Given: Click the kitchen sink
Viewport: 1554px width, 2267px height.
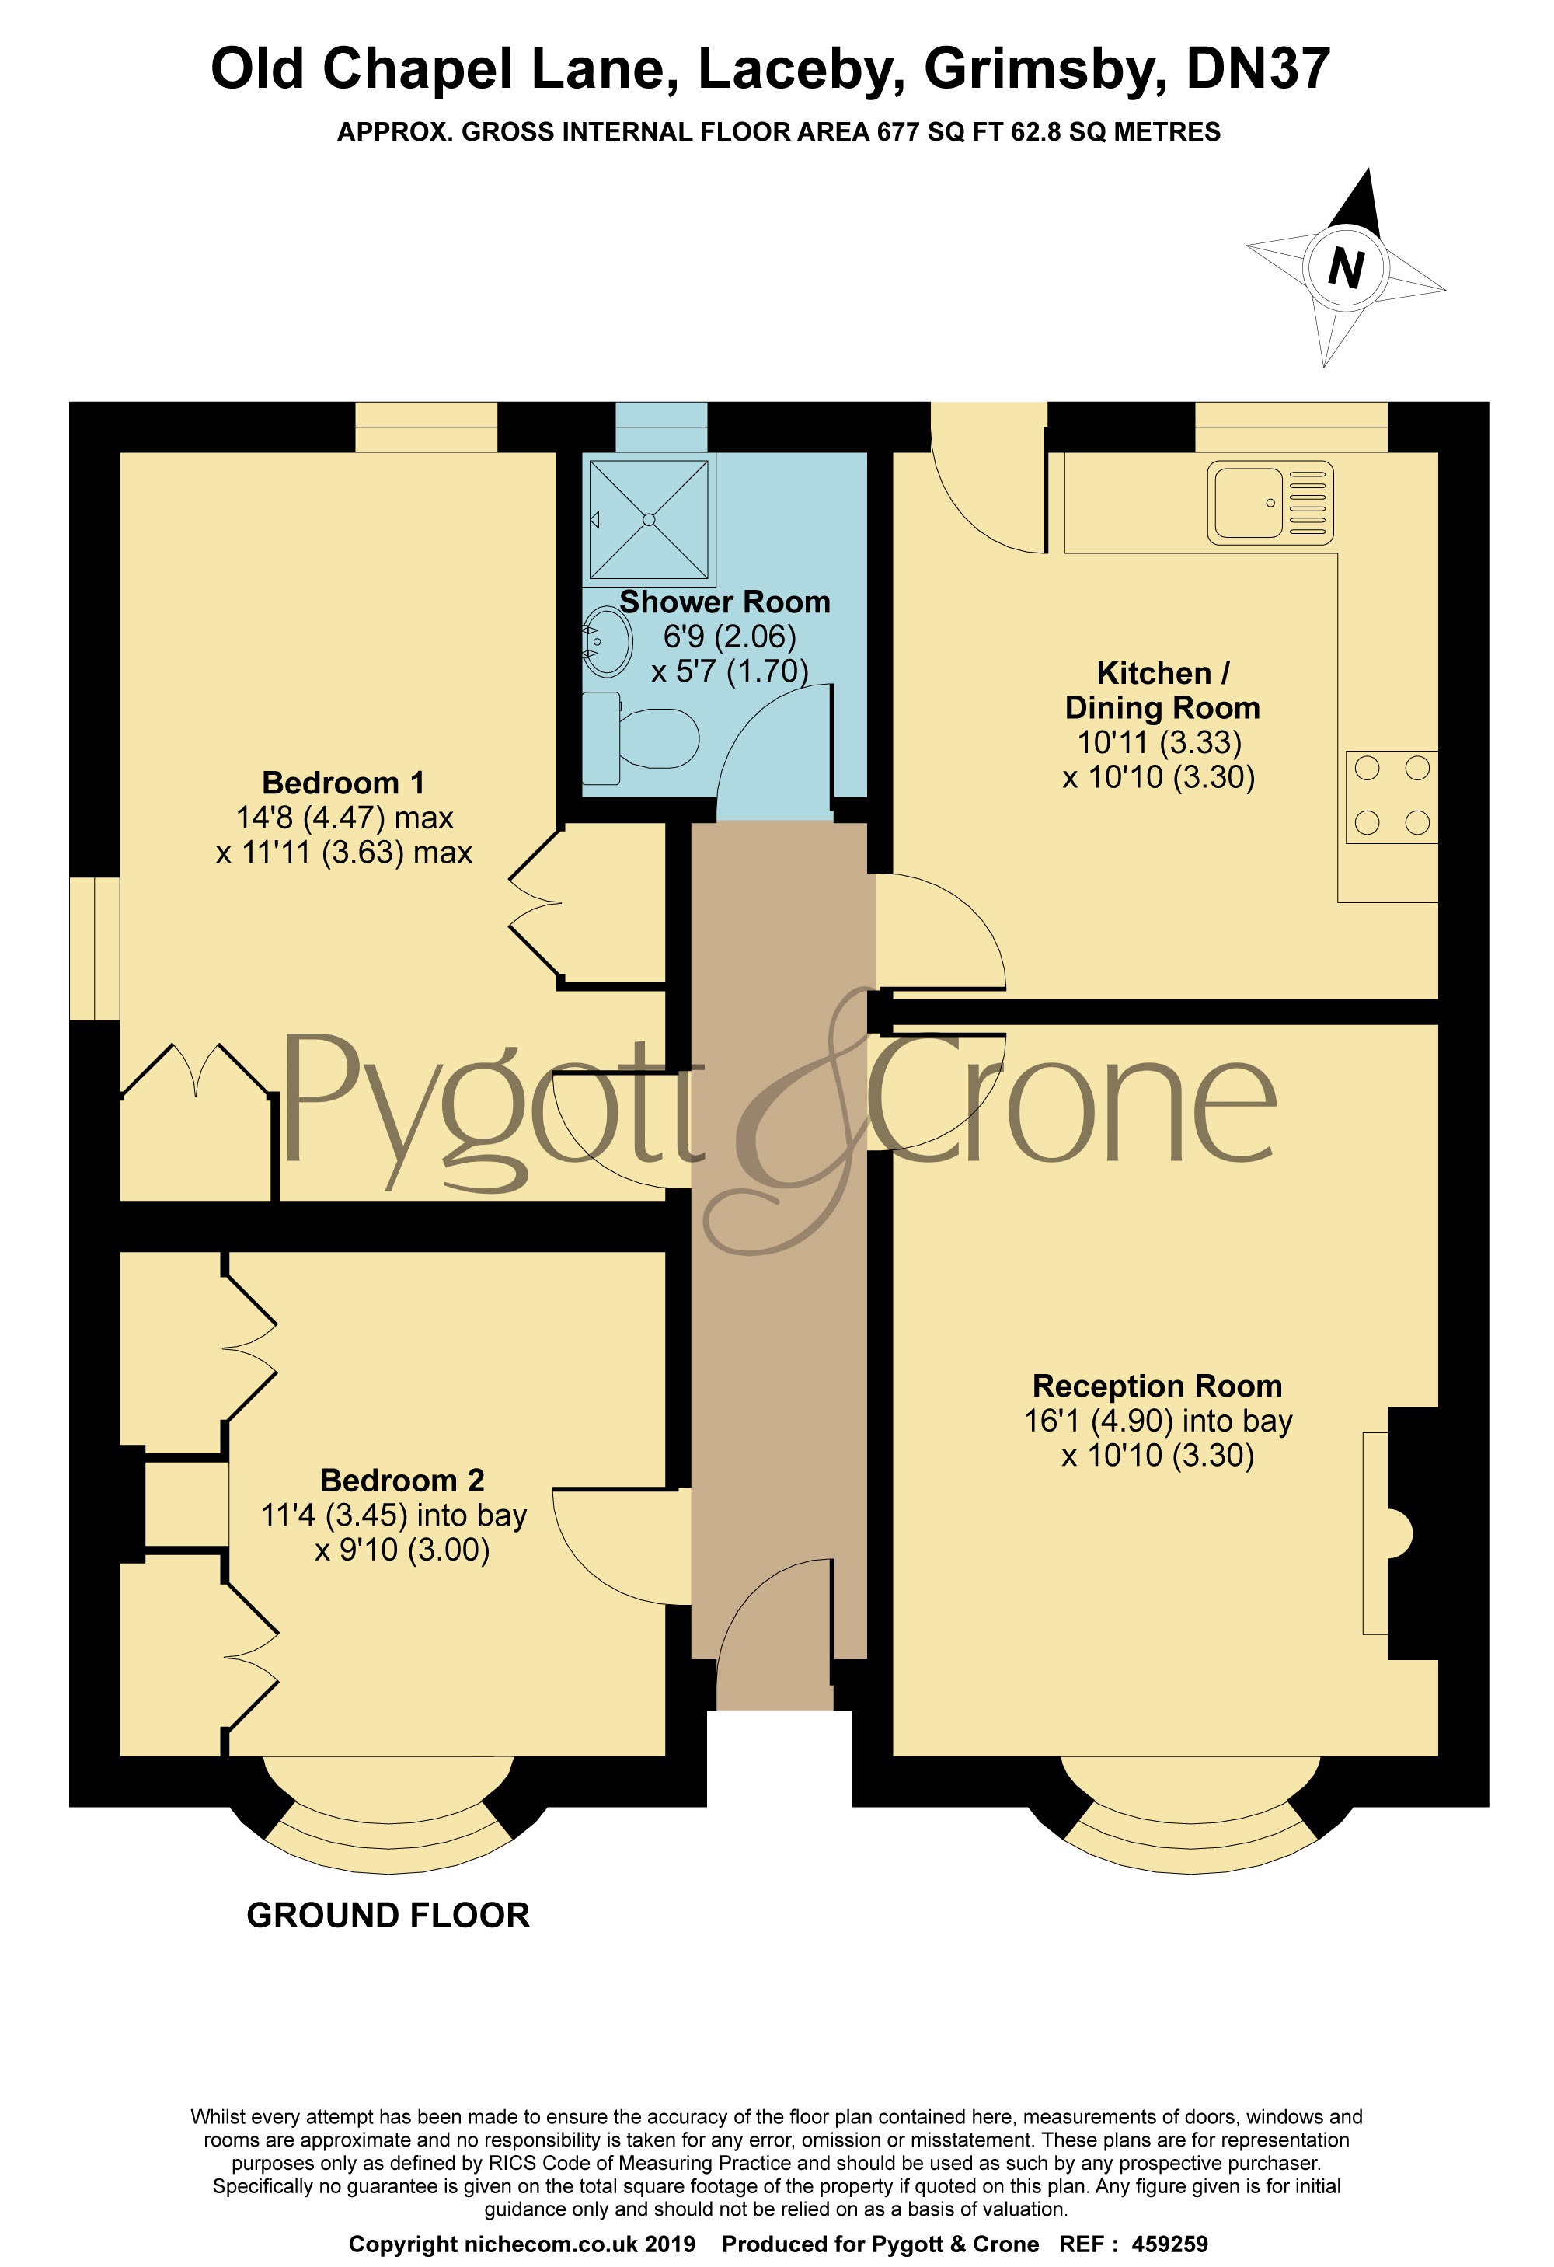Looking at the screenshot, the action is point(1269,502).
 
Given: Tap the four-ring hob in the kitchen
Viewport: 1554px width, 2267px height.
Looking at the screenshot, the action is point(1391,796).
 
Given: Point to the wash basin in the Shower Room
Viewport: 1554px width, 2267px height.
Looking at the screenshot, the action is point(607,641).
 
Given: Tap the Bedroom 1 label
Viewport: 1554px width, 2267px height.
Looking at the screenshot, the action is point(343,783).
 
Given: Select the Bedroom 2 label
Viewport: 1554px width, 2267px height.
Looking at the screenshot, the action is point(402,1480).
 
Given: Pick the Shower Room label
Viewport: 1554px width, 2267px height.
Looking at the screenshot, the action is point(725,602).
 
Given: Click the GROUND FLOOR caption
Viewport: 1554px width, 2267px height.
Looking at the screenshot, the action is point(388,1915).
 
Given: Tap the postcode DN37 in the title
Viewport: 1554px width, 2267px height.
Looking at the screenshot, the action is point(1259,68).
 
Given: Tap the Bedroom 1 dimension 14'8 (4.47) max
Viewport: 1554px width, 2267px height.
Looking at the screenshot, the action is point(344,818).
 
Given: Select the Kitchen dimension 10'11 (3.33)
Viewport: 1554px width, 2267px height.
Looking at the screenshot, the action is point(1159,742).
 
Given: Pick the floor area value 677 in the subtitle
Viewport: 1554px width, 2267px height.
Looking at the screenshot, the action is point(897,131).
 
